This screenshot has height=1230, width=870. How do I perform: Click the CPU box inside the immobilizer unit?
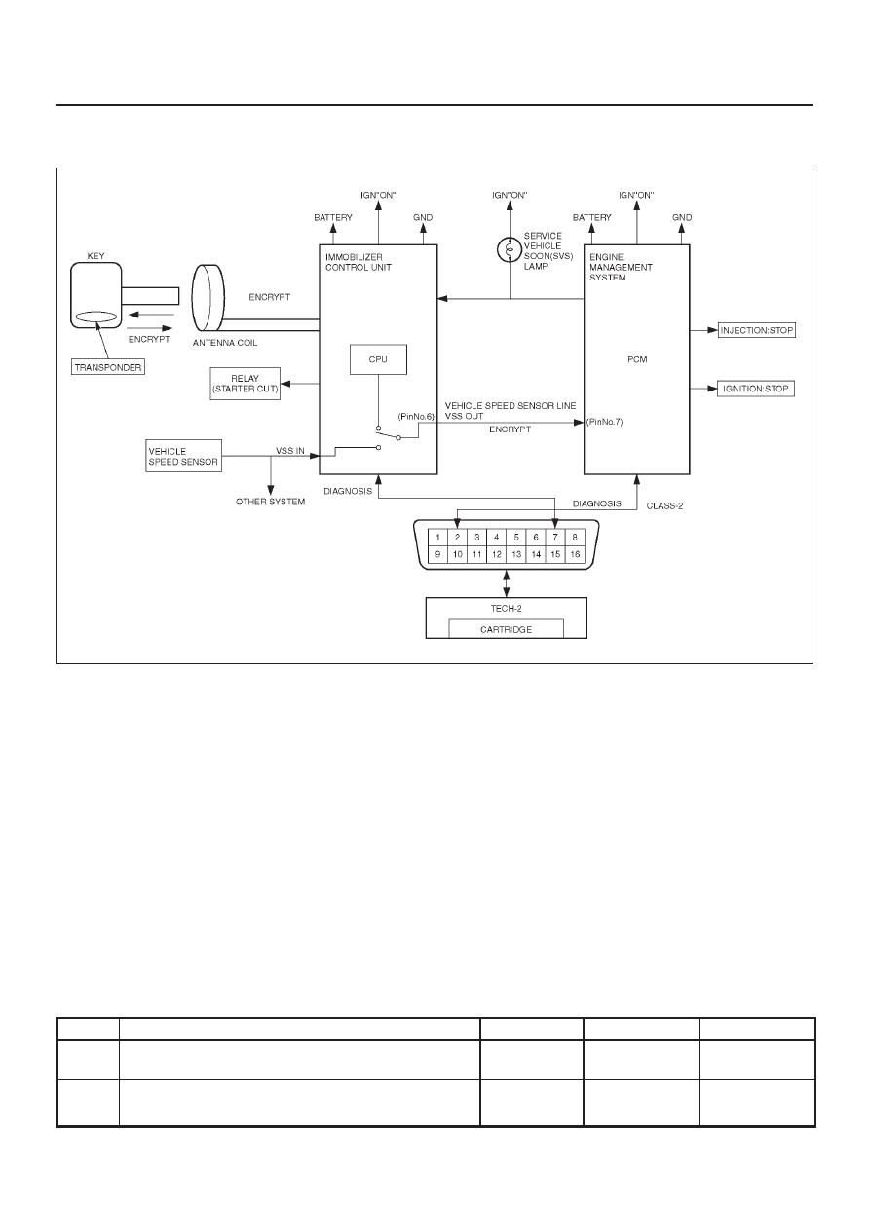[x=378, y=359]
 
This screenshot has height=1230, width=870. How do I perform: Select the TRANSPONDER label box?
[x=108, y=367]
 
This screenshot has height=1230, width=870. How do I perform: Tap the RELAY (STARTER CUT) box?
[x=245, y=384]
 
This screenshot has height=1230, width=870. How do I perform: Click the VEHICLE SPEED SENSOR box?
[x=183, y=456]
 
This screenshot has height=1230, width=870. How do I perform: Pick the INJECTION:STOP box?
[x=757, y=330]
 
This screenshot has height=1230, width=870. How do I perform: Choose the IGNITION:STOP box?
[x=756, y=389]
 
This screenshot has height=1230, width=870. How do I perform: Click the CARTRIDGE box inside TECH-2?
[x=506, y=629]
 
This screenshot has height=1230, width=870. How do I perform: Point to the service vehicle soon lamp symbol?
[x=510, y=250]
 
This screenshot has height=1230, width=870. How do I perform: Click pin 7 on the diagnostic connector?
[x=555, y=537]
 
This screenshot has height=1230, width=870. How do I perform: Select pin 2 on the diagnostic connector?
[x=457, y=537]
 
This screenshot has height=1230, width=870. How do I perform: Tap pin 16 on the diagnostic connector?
[x=575, y=554]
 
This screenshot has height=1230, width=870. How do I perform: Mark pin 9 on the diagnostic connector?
[x=437, y=554]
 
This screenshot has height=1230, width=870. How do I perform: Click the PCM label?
[x=637, y=359]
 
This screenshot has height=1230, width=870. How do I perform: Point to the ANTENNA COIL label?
[x=225, y=343]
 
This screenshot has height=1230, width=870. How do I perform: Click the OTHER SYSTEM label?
[x=270, y=502]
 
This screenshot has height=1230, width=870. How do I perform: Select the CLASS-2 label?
[x=664, y=505]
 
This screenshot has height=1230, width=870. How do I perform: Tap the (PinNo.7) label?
[x=605, y=422]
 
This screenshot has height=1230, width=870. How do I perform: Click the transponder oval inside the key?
[x=96, y=317]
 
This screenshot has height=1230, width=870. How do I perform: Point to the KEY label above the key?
[x=95, y=256]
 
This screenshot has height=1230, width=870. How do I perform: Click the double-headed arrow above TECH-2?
[x=506, y=583]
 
